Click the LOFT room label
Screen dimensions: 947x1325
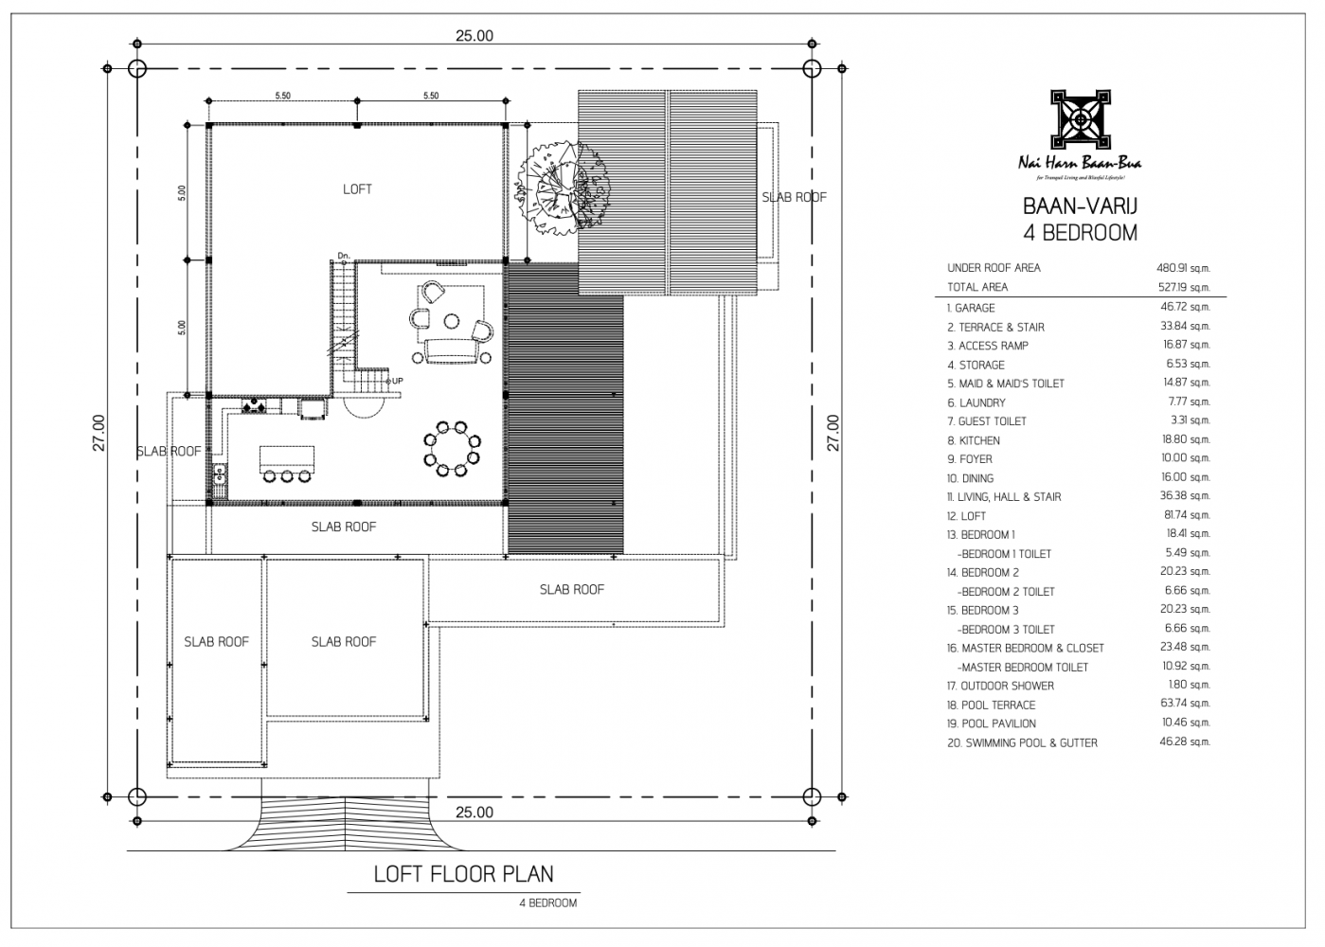tap(357, 189)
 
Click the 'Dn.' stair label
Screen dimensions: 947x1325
tap(344, 256)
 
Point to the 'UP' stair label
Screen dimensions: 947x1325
tap(397, 381)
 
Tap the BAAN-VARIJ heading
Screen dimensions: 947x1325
tap(1079, 206)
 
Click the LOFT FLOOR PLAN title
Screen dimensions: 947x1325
tap(463, 873)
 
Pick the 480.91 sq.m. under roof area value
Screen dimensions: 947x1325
tap(1183, 268)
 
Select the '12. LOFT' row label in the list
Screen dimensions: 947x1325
tap(966, 516)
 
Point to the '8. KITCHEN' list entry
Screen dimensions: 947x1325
tap(974, 440)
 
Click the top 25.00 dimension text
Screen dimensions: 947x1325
tap(474, 36)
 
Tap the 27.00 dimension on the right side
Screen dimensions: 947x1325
tap(833, 432)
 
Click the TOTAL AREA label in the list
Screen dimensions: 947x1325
tap(977, 287)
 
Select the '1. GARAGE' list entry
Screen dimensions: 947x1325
tap(971, 308)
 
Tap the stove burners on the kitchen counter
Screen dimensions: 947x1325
tap(253, 406)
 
